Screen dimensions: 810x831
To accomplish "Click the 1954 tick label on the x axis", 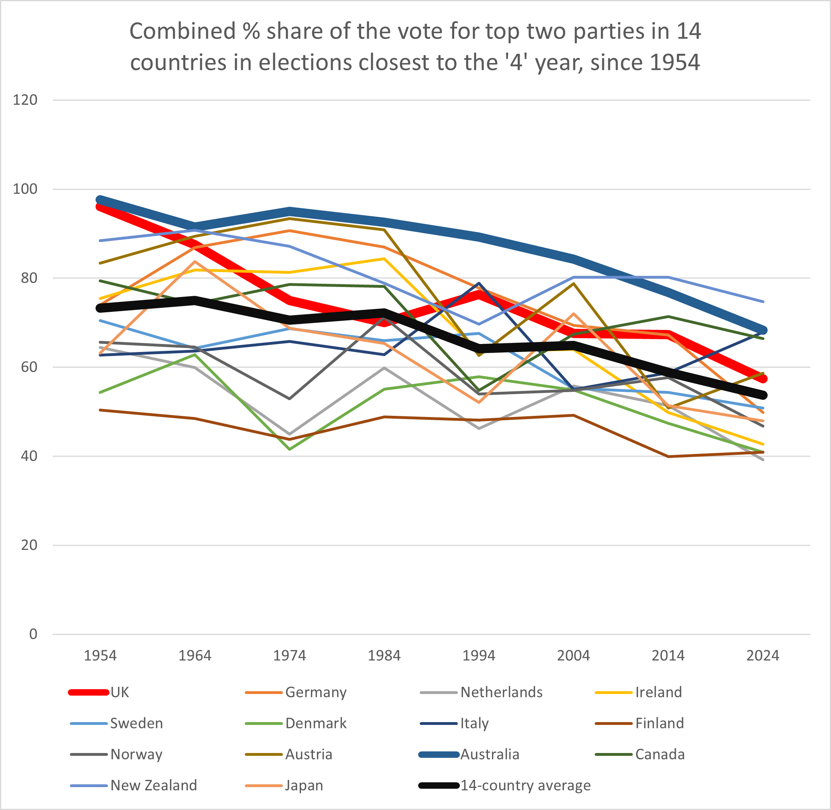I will tap(100, 655).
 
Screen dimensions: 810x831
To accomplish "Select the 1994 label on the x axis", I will tap(479, 655).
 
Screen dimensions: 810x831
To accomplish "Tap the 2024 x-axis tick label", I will tap(762, 655).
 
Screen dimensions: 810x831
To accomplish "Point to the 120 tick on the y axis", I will tap(25, 100).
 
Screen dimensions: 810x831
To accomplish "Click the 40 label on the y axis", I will tap(29, 456).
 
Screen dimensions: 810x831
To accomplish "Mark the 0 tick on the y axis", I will tap(33, 634).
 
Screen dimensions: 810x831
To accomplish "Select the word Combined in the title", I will tap(183, 31).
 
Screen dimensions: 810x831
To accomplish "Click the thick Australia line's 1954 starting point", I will tap(101, 200).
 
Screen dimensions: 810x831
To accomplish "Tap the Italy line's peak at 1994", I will tap(479, 283).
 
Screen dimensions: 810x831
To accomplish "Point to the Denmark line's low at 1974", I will tap(290, 449).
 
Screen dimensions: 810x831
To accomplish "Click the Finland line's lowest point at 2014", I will tap(668, 456).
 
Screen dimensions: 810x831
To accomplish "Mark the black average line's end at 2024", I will tap(763, 395).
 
